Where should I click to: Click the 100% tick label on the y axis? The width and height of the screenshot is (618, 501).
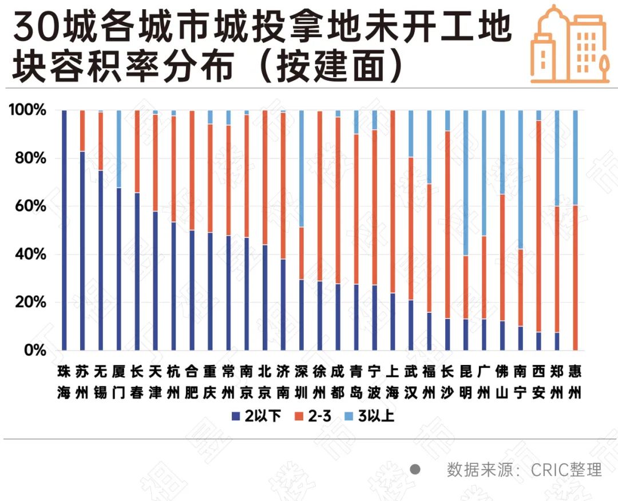click(x=26, y=110)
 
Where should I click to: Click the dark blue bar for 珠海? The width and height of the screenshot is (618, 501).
click(x=64, y=229)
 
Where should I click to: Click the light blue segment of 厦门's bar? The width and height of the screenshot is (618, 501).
click(x=119, y=149)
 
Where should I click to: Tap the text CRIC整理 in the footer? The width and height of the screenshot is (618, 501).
click(x=566, y=470)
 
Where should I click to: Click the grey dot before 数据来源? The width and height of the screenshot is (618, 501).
click(x=416, y=470)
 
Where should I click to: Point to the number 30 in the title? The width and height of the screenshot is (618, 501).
click(x=37, y=29)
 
